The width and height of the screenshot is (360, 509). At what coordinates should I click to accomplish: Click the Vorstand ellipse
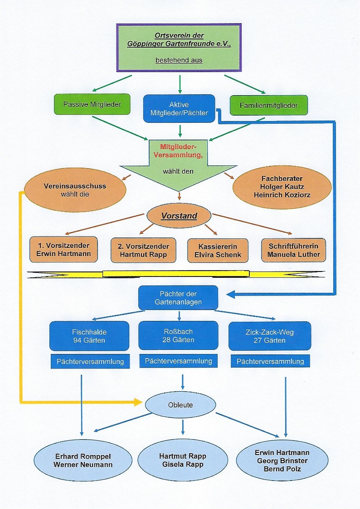coord(180,216)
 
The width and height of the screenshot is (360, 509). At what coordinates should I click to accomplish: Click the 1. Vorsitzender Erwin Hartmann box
coord(63,249)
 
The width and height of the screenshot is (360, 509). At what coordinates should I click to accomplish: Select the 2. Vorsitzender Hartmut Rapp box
coord(143,250)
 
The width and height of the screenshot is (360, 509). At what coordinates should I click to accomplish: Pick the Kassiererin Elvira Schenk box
coord(218,250)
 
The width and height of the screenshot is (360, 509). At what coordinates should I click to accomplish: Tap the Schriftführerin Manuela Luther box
coord(293,250)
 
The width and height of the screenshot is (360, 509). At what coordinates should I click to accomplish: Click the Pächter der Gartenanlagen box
coord(178,297)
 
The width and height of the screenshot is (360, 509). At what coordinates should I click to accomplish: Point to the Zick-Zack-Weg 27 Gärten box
coord(270,336)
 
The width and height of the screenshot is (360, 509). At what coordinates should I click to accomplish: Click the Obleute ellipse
coord(180,405)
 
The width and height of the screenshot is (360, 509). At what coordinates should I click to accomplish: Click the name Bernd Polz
coord(282,469)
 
